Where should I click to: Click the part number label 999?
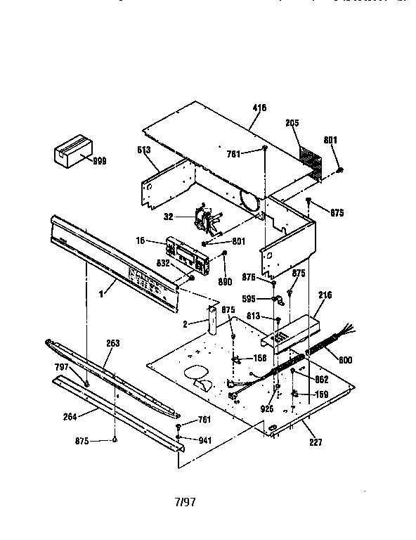[100, 160]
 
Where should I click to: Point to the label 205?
[292, 122]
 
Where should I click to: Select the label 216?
[325, 295]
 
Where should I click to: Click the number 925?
[266, 407]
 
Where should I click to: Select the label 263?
[112, 344]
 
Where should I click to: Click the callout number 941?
[204, 440]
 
